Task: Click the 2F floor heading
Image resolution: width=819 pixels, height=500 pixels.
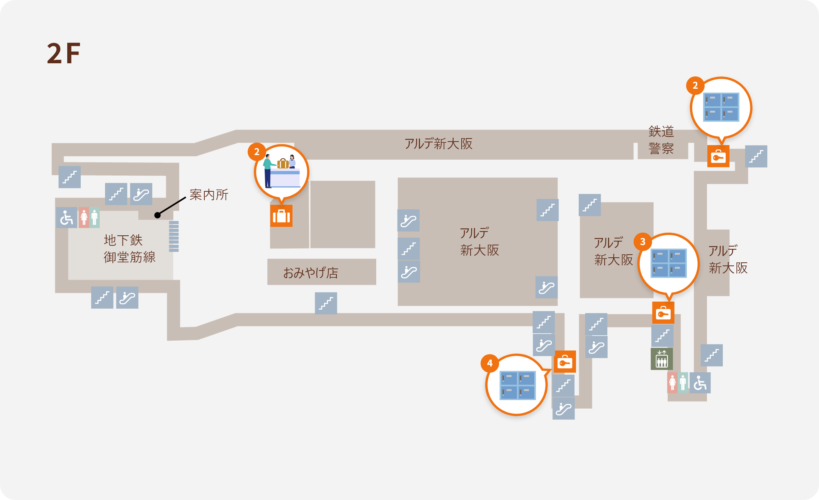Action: tap(64, 53)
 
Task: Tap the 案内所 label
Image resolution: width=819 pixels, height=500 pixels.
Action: tap(209, 194)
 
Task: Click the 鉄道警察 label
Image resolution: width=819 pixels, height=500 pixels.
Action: tap(661, 140)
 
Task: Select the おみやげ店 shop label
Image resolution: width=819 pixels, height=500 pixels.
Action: tap(311, 273)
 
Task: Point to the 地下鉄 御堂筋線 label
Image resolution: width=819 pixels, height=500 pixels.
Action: tap(129, 248)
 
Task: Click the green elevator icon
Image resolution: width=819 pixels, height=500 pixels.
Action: tap(662, 359)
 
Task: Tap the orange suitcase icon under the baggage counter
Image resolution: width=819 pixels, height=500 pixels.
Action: tap(281, 216)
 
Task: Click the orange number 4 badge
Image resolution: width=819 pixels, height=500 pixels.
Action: tap(490, 363)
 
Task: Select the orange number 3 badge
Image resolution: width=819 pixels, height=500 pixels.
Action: tap(642, 242)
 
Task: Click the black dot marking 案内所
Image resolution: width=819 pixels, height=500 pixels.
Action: tap(157, 215)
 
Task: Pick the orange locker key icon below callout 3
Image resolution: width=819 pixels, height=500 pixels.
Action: tap(663, 313)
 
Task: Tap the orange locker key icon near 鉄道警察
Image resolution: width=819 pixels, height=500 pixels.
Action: tap(719, 156)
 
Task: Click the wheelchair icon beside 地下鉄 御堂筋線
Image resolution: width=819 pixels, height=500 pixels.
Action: tap(67, 218)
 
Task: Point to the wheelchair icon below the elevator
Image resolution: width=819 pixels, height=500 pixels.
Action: tap(700, 383)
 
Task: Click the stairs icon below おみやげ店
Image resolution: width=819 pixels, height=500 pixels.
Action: tap(326, 303)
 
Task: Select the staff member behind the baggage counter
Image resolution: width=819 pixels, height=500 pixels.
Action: tap(292, 162)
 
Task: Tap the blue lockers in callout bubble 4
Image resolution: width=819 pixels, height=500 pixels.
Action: tap(518, 385)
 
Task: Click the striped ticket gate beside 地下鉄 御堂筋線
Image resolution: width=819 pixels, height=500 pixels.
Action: tap(174, 236)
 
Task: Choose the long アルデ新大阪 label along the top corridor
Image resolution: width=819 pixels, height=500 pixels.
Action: tap(438, 144)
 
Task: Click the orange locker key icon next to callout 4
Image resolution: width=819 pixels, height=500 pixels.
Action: tap(565, 361)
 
